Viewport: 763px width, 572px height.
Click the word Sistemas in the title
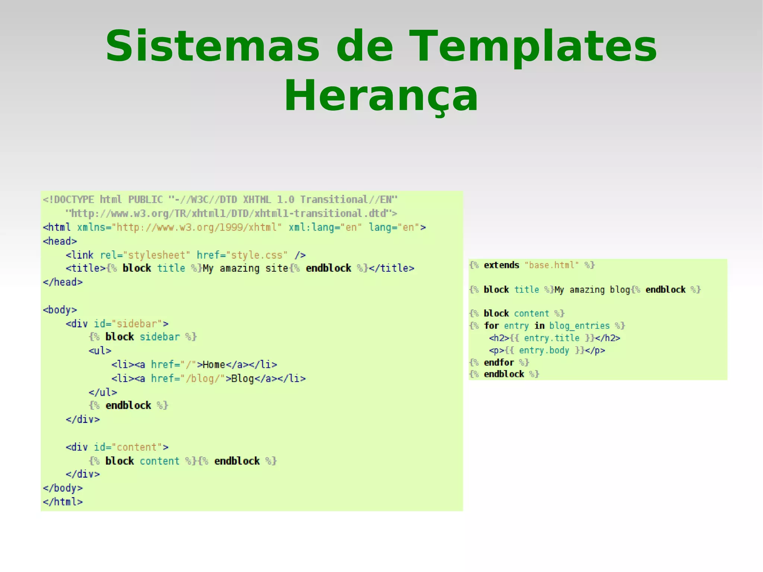[x=212, y=46]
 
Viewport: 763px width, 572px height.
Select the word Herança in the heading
[x=381, y=96]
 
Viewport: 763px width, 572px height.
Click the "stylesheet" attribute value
[x=156, y=255]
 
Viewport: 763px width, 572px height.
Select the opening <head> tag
[x=60, y=241]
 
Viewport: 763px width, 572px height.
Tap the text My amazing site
[x=246, y=268]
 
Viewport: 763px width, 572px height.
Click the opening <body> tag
[x=60, y=310]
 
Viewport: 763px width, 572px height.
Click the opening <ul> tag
[x=100, y=351]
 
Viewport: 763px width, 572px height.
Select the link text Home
[x=214, y=365]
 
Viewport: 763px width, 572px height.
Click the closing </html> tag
[x=63, y=502]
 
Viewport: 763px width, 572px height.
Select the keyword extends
[x=501, y=265]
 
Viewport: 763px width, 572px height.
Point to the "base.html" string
[x=551, y=265]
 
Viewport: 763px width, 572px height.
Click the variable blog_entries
[x=579, y=326]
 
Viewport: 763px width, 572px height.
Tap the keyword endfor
[x=499, y=362]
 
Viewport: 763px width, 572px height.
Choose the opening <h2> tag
[x=498, y=338]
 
